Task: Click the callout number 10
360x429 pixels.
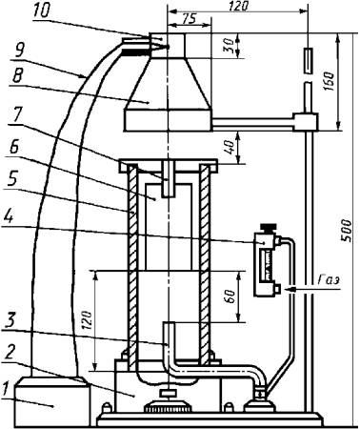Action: click(x=41, y=10)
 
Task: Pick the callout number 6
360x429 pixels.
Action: click(x=13, y=148)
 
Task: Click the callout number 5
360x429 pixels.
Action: click(x=11, y=179)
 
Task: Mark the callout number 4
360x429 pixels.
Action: click(x=8, y=218)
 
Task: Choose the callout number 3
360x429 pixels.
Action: click(x=10, y=322)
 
